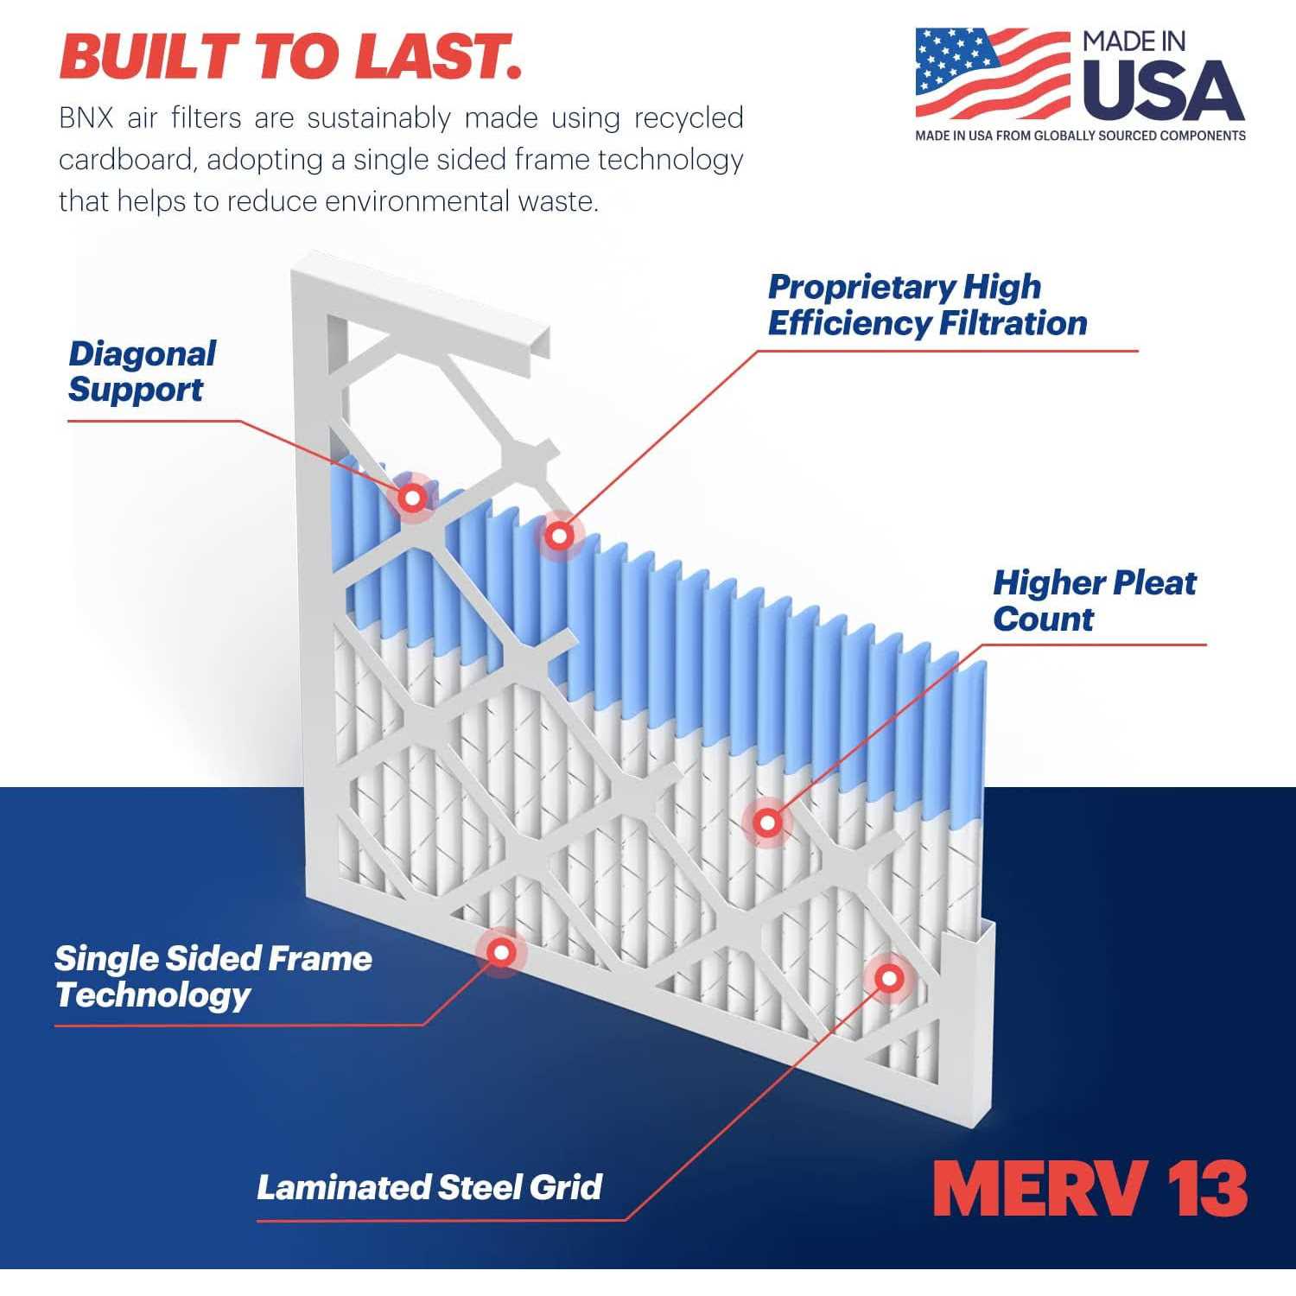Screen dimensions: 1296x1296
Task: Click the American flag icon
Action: tap(993, 74)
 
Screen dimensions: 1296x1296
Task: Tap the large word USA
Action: tap(1163, 91)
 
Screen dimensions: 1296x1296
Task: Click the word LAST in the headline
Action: tap(438, 56)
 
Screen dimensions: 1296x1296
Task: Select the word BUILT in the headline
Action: tap(150, 56)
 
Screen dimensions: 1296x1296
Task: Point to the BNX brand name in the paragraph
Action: tap(86, 118)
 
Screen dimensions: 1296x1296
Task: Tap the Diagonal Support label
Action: tap(142, 372)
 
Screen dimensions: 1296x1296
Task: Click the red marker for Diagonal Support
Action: tap(413, 498)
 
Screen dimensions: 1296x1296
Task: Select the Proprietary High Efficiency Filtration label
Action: tap(927, 305)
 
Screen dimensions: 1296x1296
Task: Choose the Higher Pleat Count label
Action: tap(1094, 600)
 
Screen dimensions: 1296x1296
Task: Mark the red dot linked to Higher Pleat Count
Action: tap(767, 823)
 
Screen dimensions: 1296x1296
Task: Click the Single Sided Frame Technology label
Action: tap(213, 976)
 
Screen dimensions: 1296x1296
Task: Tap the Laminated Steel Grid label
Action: tap(429, 1187)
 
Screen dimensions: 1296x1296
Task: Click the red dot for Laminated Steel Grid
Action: tap(889, 979)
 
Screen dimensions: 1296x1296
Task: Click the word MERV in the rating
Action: tap(1041, 1190)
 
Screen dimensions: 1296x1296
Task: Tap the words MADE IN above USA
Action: tap(1134, 41)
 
